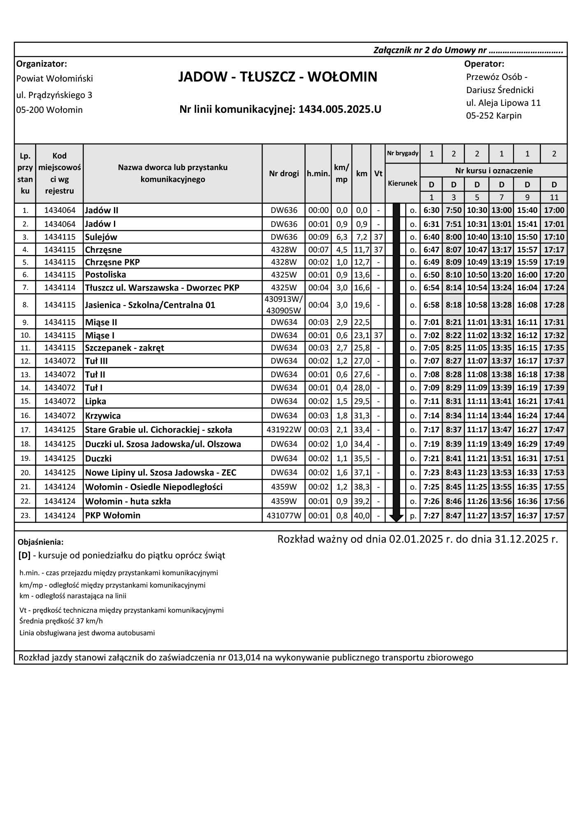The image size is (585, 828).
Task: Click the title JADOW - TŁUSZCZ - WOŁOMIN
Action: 278,77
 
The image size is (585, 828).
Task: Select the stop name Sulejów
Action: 101,237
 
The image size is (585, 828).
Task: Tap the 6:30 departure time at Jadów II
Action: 431,210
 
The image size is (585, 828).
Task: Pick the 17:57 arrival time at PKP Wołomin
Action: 554,515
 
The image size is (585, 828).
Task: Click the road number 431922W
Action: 284,430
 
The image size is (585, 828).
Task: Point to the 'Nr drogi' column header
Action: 284,173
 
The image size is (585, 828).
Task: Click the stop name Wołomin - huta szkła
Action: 128,501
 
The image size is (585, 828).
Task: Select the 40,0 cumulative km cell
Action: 362,515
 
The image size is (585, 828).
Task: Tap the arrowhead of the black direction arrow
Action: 396,518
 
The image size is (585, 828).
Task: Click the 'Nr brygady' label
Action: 403,154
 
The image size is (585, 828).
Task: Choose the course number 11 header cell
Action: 554,197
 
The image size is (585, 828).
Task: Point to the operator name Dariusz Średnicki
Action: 500,90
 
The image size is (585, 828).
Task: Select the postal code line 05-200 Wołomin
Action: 49,110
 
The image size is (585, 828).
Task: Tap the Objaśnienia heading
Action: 41,542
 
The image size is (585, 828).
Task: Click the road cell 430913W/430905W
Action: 284,305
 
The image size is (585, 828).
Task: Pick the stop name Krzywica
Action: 103,416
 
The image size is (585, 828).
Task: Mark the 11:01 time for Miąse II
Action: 477,322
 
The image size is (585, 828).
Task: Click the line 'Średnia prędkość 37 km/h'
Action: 61,621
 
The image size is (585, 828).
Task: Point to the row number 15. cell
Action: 26,401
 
